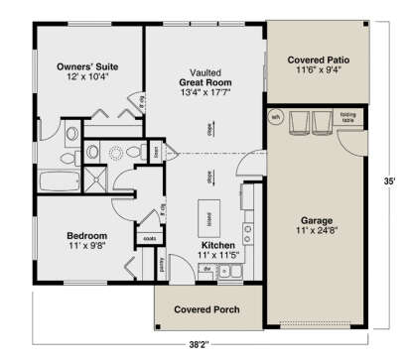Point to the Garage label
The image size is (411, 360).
tap(315, 224)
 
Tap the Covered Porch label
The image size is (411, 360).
tap(209, 309)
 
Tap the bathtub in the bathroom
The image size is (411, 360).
tap(57, 182)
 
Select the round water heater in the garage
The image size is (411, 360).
tap(276, 117)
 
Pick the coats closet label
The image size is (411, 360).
tap(152, 238)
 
